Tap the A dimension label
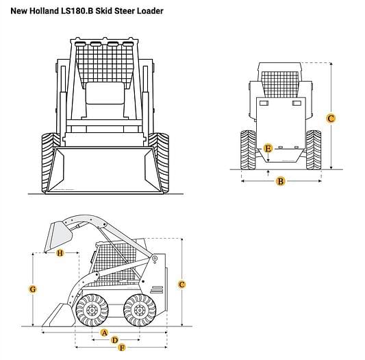[x=105, y=333]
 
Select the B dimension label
[x=281, y=181]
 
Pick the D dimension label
[x=114, y=340]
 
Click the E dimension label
[x=268, y=148]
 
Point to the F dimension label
[x=122, y=348]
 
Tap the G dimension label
[x=33, y=289]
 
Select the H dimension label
[x=60, y=253]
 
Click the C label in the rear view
[x=331, y=118]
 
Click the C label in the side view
[x=181, y=284]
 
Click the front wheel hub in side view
[x=92, y=310]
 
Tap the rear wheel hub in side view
[x=140, y=310]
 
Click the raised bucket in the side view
[x=58, y=237]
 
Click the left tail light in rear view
[x=264, y=103]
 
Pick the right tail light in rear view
[x=297, y=103]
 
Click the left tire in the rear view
[x=248, y=150]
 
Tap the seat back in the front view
[x=105, y=93]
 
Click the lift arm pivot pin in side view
[x=155, y=259]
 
